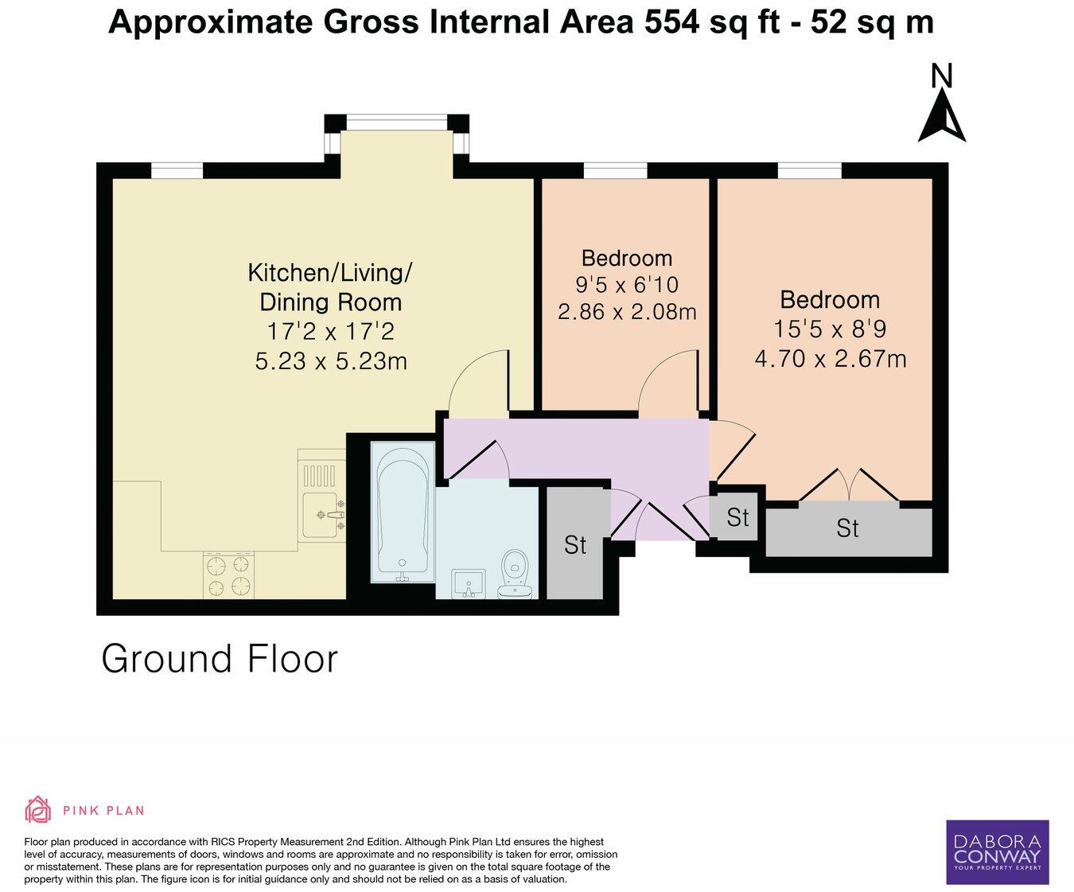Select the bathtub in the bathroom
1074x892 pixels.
(x=403, y=514)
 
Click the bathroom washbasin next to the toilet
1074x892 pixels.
(x=468, y=583)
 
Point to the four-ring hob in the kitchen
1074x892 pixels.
(x=229, y=575)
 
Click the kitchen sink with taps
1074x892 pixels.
(x=324, y=514)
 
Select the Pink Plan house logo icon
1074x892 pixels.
(x=38, y=810)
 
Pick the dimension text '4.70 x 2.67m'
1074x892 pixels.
(x=831, y=359)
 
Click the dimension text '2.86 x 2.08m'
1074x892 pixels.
(x=627, y=312)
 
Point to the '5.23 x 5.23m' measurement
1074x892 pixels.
(x=331, y=361)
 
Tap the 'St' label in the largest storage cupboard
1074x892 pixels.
(x=847, y=528)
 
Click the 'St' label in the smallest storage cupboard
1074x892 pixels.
(x=737, y=517)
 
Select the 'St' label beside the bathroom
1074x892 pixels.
(x=574, y=545)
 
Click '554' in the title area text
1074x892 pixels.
(x=672, y=22)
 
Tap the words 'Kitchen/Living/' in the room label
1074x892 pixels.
(x=329, y=273)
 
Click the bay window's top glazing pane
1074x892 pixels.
(x=396, y=123)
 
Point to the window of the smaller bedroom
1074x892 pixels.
(x=615, y=169)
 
